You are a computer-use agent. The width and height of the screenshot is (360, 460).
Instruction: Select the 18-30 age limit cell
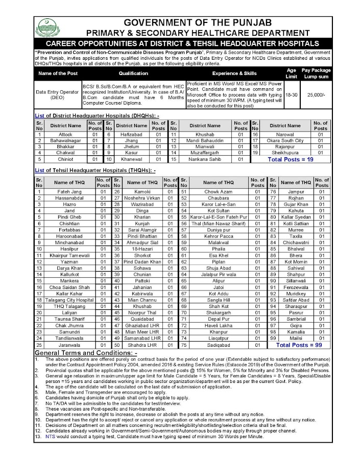(292, 95)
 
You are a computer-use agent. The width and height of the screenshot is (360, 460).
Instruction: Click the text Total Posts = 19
(291, 159)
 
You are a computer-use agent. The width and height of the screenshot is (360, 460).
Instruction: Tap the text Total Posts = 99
(299, 345)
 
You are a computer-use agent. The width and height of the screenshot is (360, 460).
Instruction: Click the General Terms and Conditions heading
(86, 353)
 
